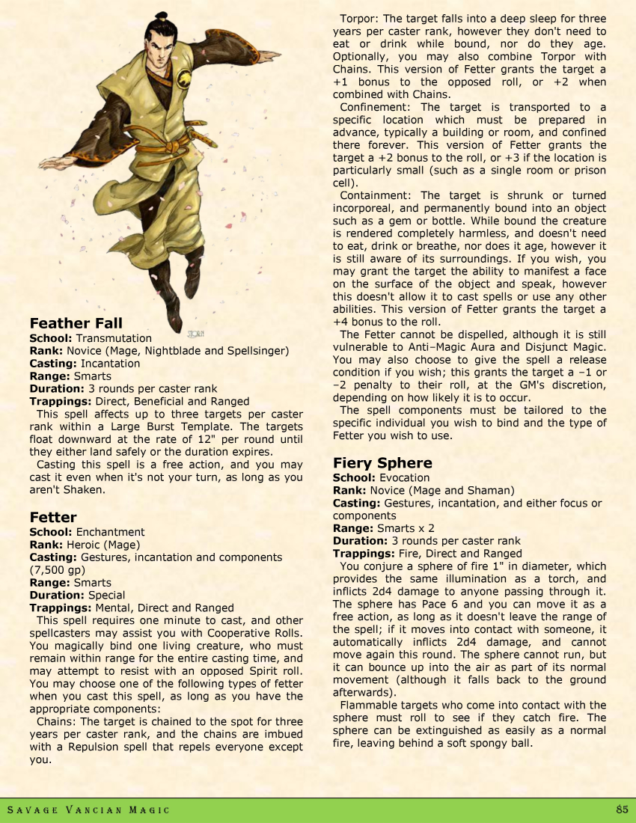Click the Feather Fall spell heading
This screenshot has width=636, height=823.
click(x=76, y=323)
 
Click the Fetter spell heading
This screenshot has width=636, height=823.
click(x=53, y=517)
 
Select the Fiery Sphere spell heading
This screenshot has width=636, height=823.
click(x=382, y=462)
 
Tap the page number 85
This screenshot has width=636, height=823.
click(x=622, y=810)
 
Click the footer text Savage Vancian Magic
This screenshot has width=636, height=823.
click(x=88, y=810)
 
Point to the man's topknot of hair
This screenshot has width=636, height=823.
click(x=161, y=18)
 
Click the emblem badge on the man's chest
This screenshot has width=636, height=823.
click(x=183, y=76)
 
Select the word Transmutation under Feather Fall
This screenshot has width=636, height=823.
click(x=114, y=338)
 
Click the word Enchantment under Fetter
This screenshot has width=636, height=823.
click(x=110, y=532)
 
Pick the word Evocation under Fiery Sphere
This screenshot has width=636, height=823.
click(x=404, y=477)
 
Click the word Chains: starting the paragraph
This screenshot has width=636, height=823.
click(x=56, y=721)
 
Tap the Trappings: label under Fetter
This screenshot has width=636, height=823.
click(x=59, y=608)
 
